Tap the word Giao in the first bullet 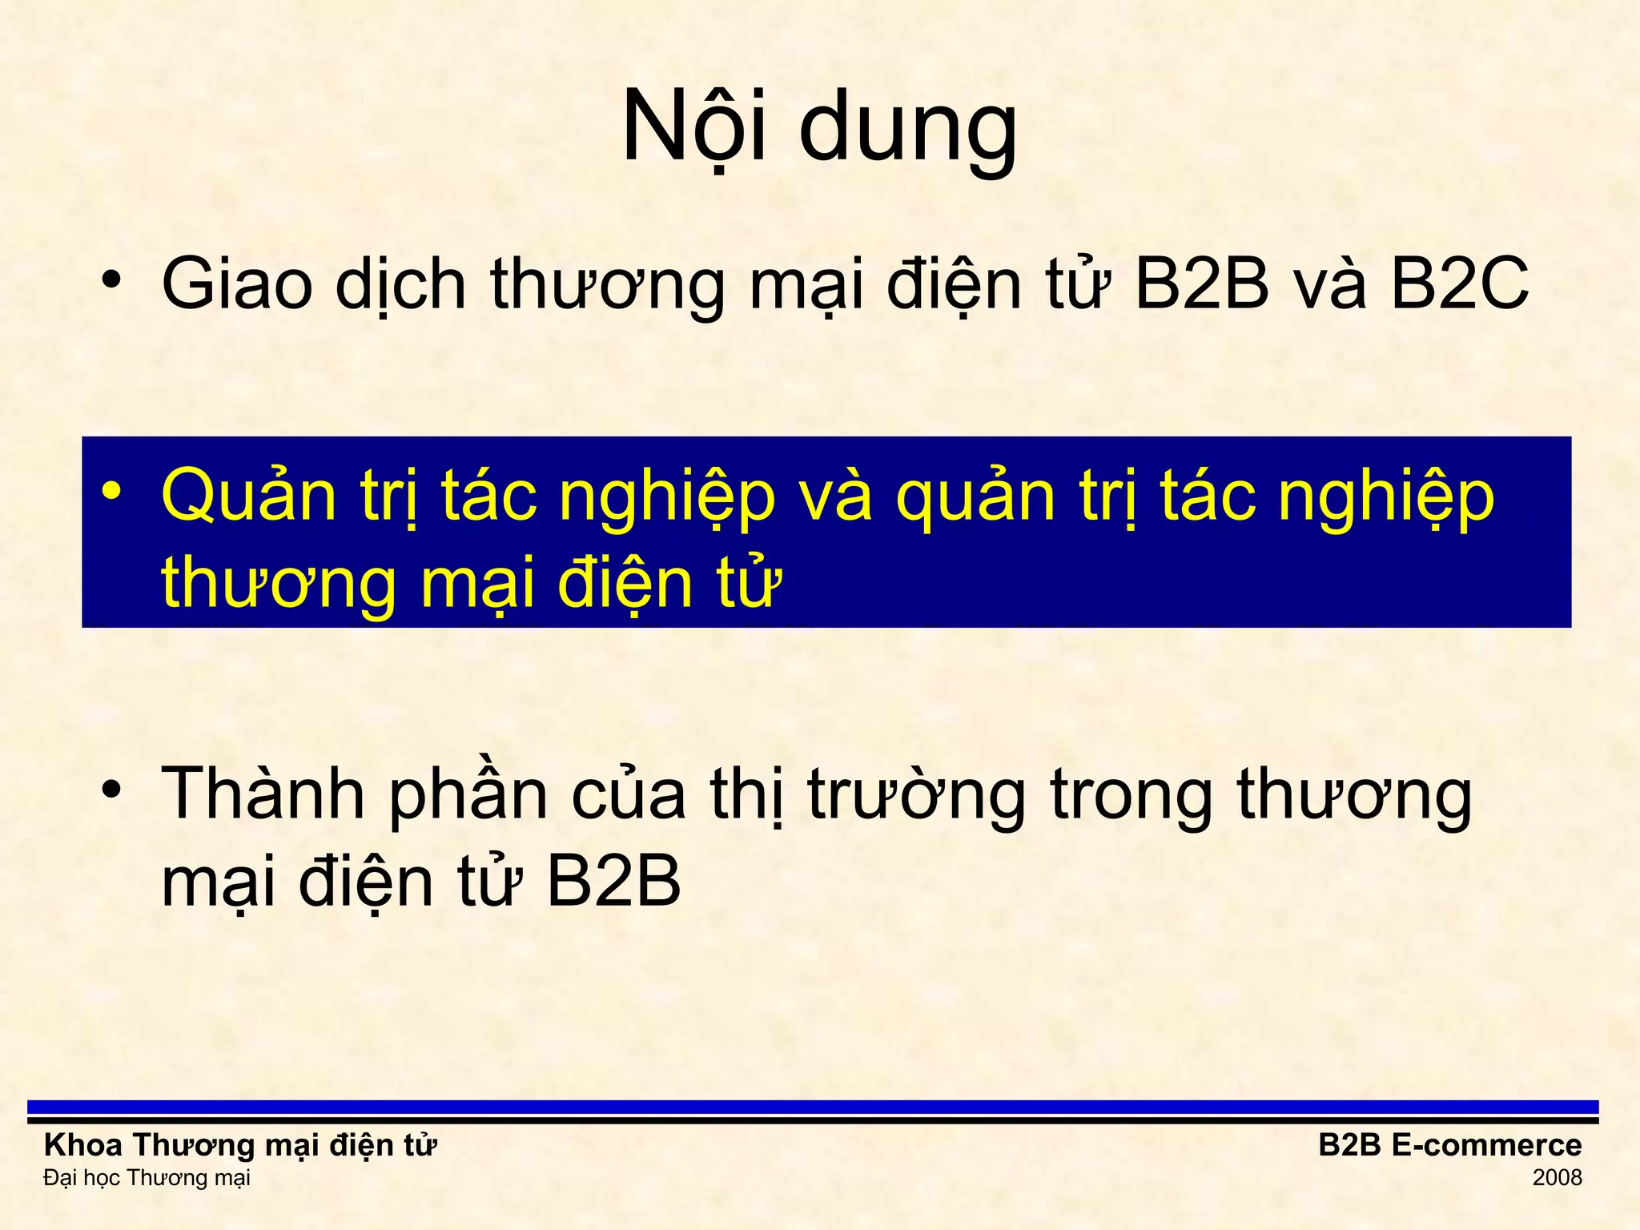click(236, 283)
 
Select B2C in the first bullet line click(1459, 283)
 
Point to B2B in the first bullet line click(1201, 283)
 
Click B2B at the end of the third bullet click(613, 882)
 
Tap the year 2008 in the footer click(1557, 1178)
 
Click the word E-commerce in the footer click(1486, 1145)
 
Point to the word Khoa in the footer click(83, 1145)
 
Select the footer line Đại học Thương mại click(147, 1178)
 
